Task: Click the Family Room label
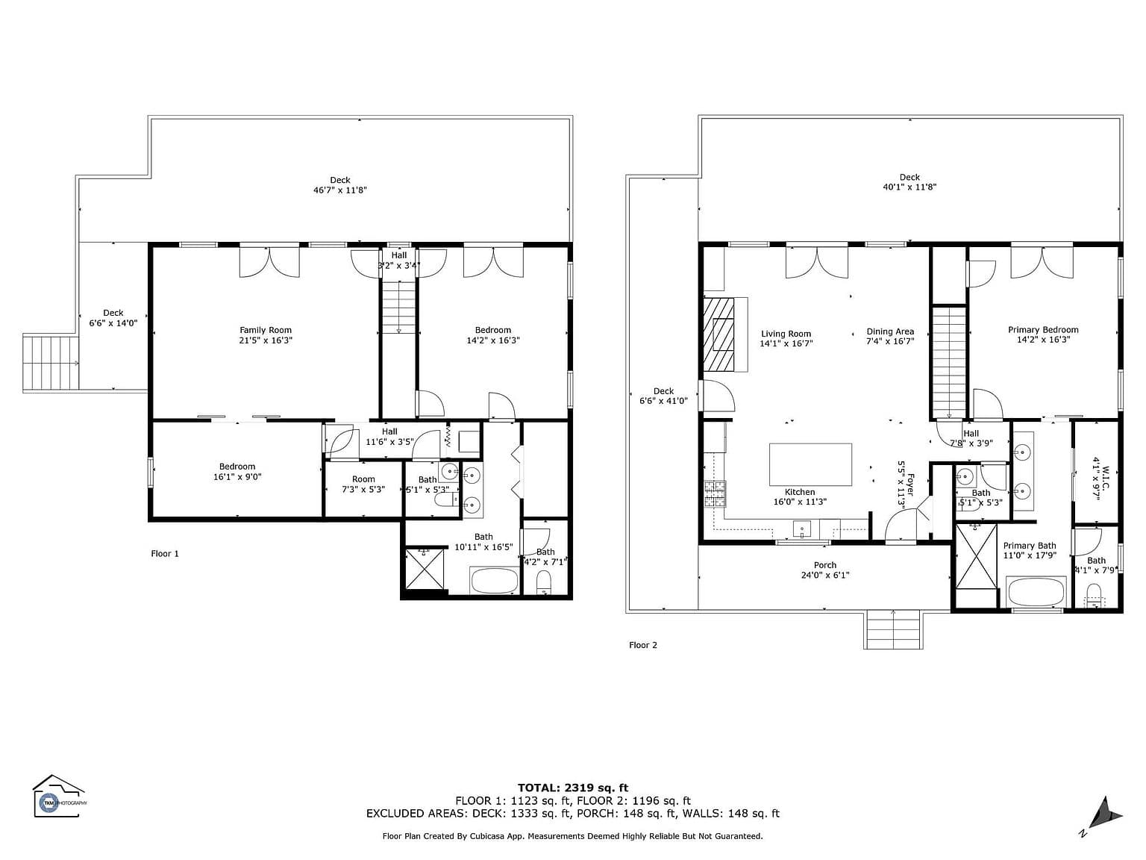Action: [266, 335]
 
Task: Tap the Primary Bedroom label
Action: [1043, 334]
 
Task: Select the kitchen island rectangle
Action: [810, 465]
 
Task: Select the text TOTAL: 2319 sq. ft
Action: [573, 788]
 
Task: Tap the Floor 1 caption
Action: [165, 554]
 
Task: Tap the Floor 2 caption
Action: [643, 645]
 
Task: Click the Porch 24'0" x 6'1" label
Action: [825, 570]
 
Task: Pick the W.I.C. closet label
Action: [1100, 483]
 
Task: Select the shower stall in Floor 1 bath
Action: [424, 570]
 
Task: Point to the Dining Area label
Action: [890, 337]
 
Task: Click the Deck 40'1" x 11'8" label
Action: [909, 182]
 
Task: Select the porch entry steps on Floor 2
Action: [893, 629]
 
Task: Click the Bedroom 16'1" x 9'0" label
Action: [237, 472]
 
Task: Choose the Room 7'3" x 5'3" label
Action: [364, 484]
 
